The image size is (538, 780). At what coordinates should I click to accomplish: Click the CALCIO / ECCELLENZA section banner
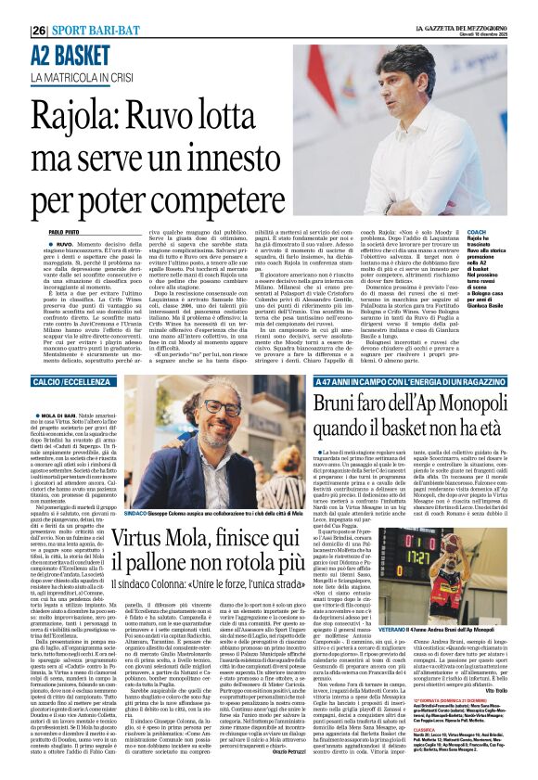[x=79, y=382]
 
